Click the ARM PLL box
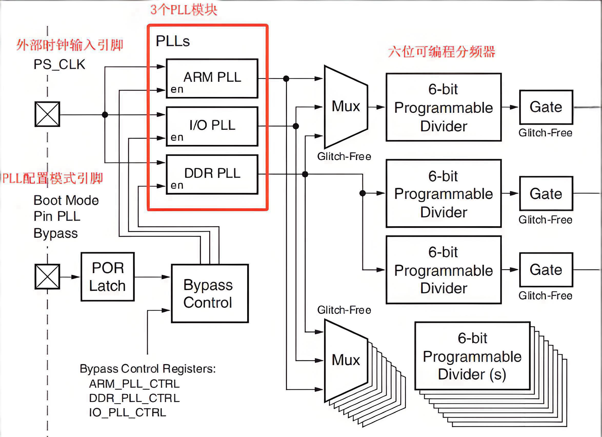[x=212, y=78]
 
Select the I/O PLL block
[x=212, y=126]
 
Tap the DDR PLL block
[x=212, y=174]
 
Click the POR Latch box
[x=107, y=277]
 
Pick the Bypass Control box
[x=210, y=293]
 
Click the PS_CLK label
[x=59, y=65]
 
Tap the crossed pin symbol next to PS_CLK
[x=47, y=114]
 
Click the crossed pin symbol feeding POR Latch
[x=47, y=277]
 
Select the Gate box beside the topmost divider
[x=546, y=107]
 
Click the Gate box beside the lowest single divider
[x=546, y=270]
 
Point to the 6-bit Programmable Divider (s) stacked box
[x=472, y=356]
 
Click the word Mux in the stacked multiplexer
[x=346, y=360]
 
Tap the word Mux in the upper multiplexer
[x=346, y=106]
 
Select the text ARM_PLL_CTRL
[x=134, y=384]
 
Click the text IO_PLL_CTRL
[x=127, y=413]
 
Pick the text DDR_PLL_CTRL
[x=134, y=398]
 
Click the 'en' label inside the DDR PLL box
[x=177, y=185]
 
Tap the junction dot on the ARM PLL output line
[x=286, y=78]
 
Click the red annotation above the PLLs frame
[x=184, y=10]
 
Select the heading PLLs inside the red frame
[x=173, y=41]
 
